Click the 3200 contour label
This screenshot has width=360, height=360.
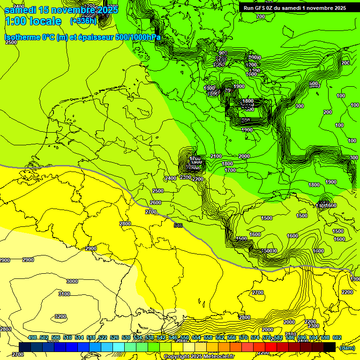click(60, 316)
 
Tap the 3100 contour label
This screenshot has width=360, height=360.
click(64, 294)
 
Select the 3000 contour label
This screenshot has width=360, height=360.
click(72, 281)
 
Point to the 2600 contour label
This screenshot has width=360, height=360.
click(156, 202)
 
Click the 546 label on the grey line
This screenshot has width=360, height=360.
click(178, 226)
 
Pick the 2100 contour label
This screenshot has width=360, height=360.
click(216, 156)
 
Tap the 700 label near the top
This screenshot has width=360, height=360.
click(261, 16)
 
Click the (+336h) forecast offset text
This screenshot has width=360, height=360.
click(83, 21)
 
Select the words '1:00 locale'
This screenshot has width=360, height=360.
click(33, 21)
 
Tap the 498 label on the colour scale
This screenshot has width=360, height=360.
click(32, 338)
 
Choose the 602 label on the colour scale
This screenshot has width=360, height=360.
click(337, 338)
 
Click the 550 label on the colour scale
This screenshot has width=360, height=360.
click(185, 338)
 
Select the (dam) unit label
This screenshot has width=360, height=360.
click(347, 348)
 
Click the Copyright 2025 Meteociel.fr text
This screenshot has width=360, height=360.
click(198, 357)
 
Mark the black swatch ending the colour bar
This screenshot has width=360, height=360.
click(330, 347)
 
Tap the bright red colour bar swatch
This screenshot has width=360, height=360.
click(259, 347)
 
